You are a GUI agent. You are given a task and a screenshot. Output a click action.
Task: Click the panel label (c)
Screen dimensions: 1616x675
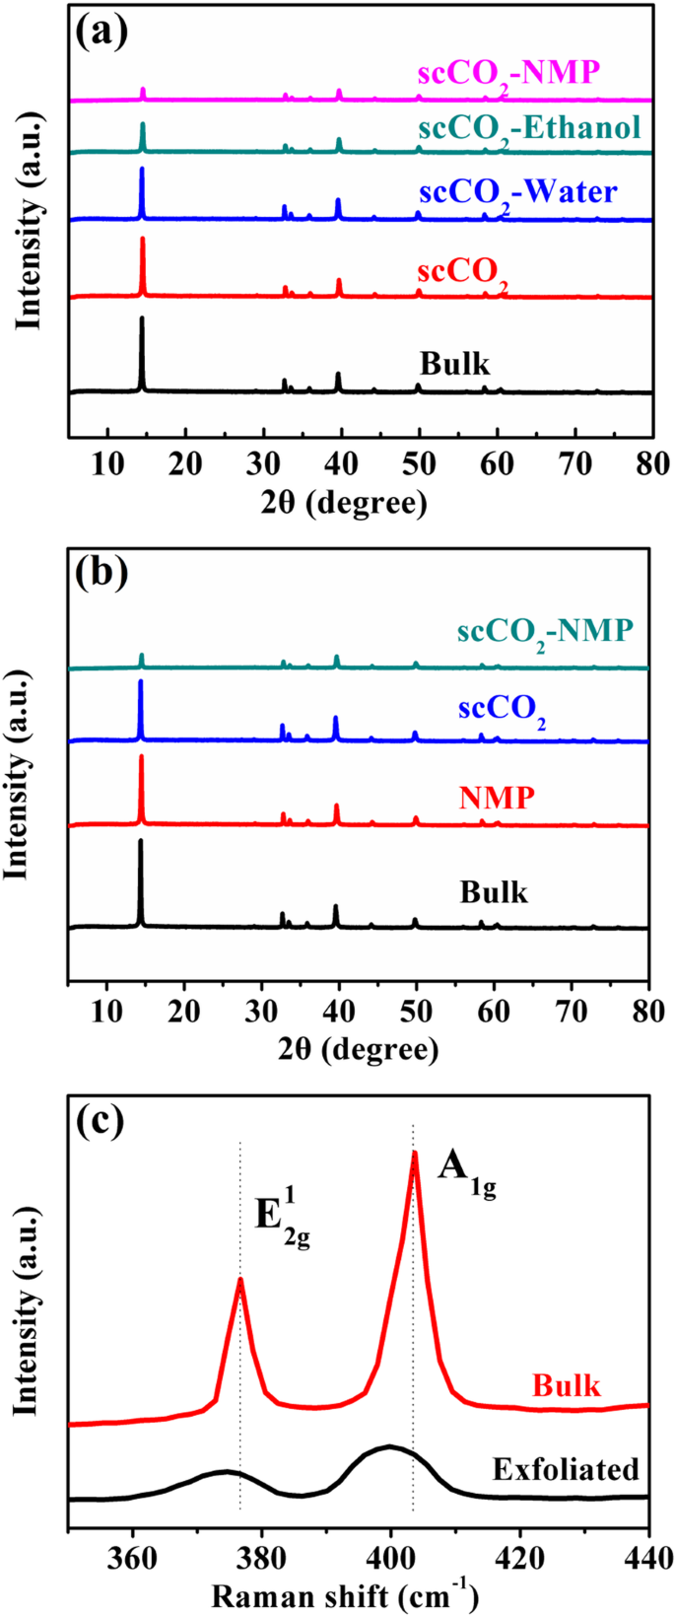coord(102,1120)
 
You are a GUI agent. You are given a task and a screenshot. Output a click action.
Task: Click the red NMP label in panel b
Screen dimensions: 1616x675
coord(496,798)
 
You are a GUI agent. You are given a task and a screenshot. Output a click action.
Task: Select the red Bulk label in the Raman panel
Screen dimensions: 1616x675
coord(566,1385)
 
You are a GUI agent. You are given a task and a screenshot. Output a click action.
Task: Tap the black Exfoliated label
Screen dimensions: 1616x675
coord(566,1469)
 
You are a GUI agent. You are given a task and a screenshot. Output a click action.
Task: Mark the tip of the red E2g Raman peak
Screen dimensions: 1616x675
coord(239,1279)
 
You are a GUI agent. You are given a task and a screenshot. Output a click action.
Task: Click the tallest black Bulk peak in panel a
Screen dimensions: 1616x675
coord(142,318)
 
